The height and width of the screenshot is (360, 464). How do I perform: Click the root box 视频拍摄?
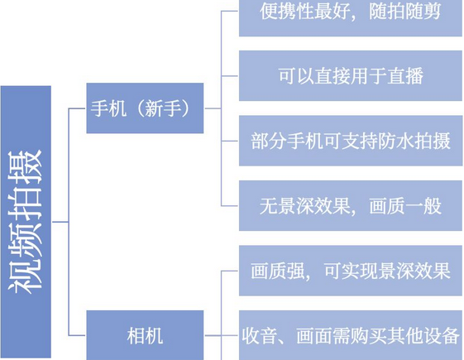tap(26, 222)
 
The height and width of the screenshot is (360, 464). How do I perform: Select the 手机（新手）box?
tap(145, 108)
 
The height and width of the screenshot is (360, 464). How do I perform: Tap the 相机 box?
tap(145, 335)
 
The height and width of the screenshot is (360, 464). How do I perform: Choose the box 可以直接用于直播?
tap(351, 75)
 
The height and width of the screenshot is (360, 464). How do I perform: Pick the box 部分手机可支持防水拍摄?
tap(351, 141)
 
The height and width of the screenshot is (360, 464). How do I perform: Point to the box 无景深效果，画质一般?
tap(351, 205)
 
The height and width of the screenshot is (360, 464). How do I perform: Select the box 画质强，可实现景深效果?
tap(351, 271)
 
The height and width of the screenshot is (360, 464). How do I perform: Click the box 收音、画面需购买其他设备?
tap(351, 335)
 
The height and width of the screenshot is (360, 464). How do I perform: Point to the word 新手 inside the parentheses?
tap(163, 108)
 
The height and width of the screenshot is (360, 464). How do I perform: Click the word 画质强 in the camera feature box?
tap(278, 271)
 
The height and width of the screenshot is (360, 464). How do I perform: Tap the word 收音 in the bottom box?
tap(260, 336)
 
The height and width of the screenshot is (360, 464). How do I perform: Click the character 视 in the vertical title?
tap(26, 276)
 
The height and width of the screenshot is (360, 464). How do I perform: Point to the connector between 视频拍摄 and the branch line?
tap(60, 222)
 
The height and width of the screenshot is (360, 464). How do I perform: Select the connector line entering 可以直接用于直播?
tap(230, 76)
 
